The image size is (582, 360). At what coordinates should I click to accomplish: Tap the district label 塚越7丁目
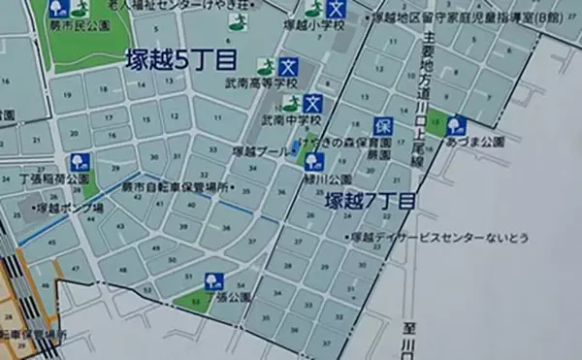pyautogui.click(x=370, y=202)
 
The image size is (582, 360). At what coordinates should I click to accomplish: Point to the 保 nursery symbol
pyautogui.click(x=382, y=126)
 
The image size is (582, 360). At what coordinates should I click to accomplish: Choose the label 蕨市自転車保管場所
pyautogui.click(x=180, y=184)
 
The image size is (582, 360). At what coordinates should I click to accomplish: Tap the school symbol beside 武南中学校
pyautogui.click(x=312, y=104)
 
